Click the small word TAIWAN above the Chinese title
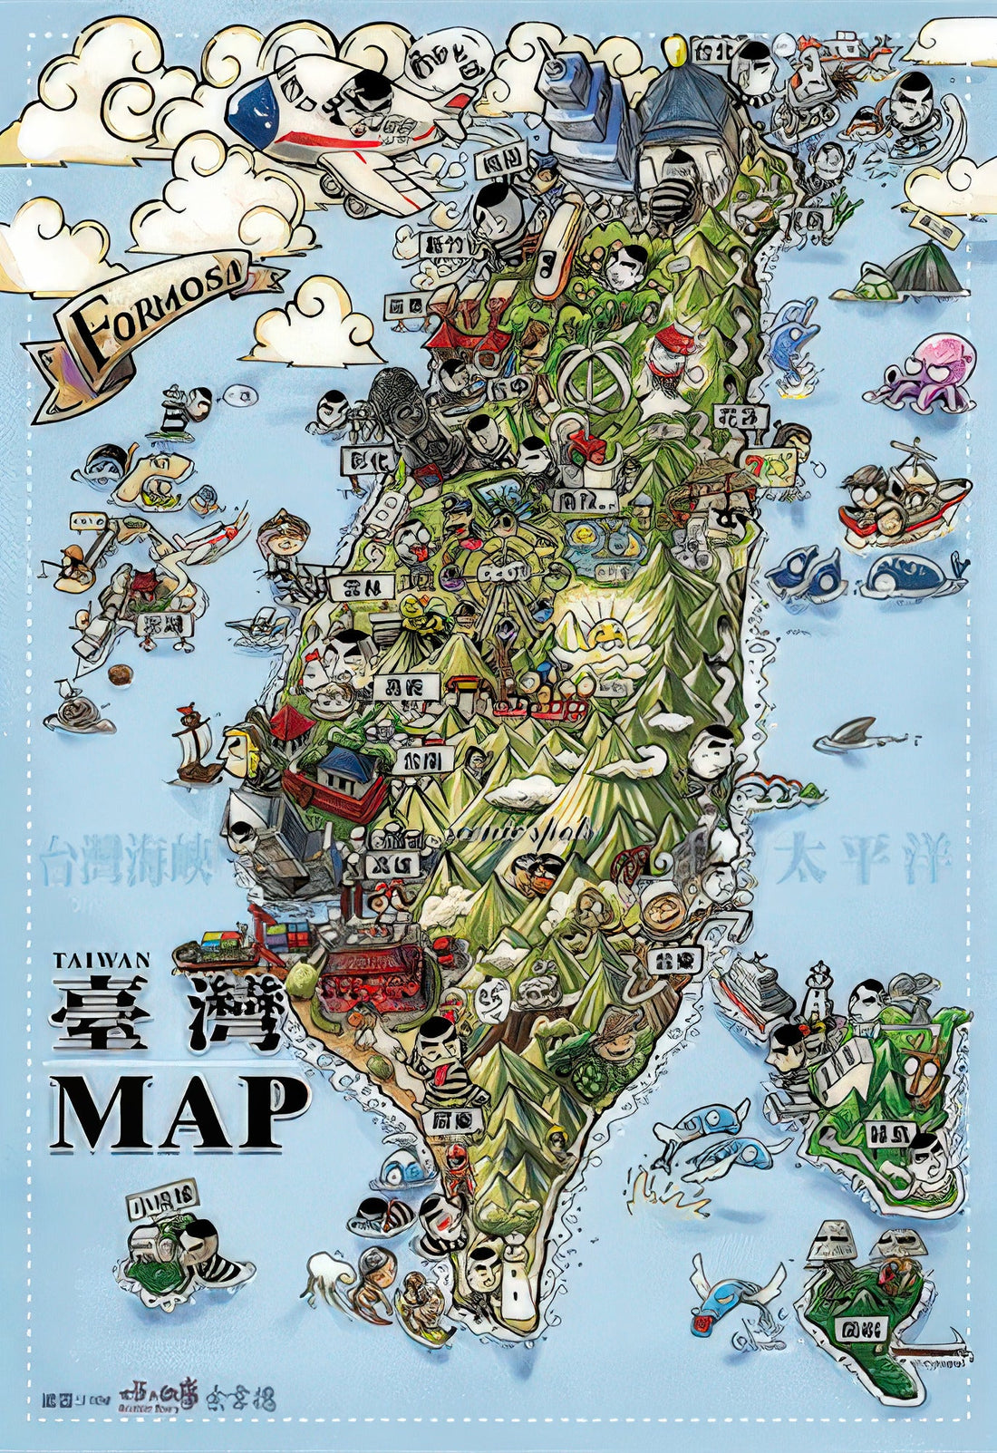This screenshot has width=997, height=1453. coord(101,960)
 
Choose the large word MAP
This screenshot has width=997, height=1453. coord(179,1111)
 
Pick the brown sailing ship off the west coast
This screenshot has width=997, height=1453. coord(198,745)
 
